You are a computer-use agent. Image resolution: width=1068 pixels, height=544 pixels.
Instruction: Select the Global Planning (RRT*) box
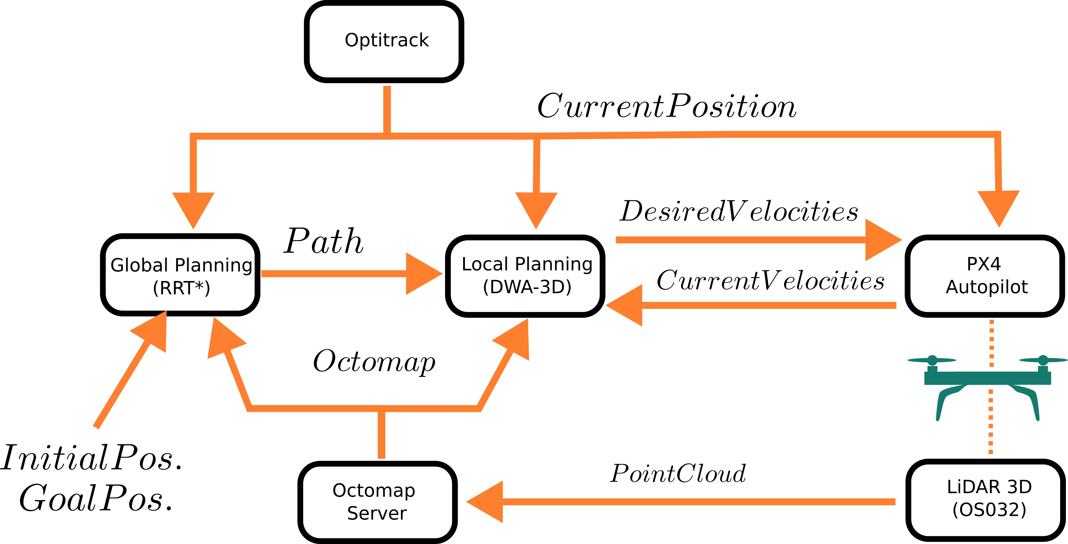click(x=181, y=275)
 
